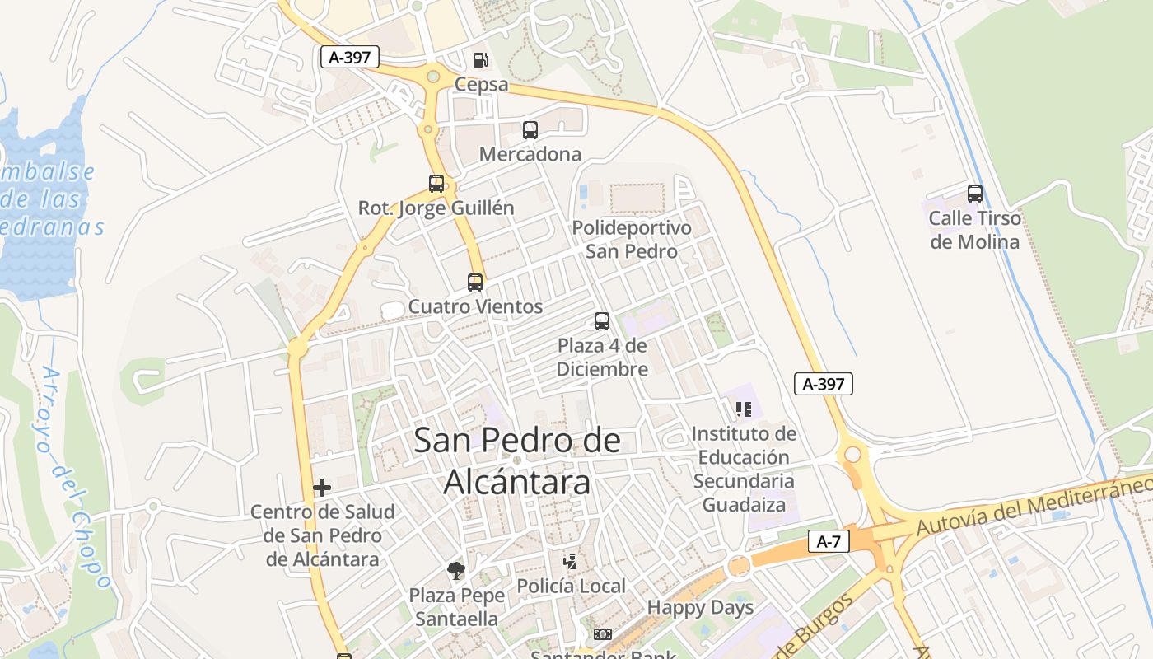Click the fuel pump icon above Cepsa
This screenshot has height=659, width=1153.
tap(480, 60)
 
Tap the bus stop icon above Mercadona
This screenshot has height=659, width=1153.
tap(530, 129)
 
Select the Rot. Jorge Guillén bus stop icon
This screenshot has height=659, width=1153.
tap(436, 183)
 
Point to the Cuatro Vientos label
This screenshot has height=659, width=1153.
tap(475, 306)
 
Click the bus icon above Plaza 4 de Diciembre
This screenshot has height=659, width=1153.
tap(602, 321)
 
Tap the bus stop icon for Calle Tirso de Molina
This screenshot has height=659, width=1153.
tap(975, 194)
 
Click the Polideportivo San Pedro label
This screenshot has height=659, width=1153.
tap(632, 239)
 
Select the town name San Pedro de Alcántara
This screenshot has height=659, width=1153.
tap(517, 460)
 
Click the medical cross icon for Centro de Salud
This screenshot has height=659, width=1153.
tap(322, 488)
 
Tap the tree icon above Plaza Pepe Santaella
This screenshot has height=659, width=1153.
tap(455, 570)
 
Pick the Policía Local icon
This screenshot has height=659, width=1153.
tap(570, 562)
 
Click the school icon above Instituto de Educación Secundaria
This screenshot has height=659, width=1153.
tap(744, 409)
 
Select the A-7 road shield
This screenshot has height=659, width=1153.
tap(829, 541)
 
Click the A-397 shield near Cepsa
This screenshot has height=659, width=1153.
tap(350, 57)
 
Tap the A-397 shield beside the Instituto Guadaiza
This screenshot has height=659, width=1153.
tap(824, 383)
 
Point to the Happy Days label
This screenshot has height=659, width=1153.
tap(700, 608)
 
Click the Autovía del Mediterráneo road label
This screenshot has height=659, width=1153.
tap(1034, 502)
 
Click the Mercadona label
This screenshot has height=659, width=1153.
tap(530, 154)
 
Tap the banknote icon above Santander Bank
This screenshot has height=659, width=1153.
tap(603, 633)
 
